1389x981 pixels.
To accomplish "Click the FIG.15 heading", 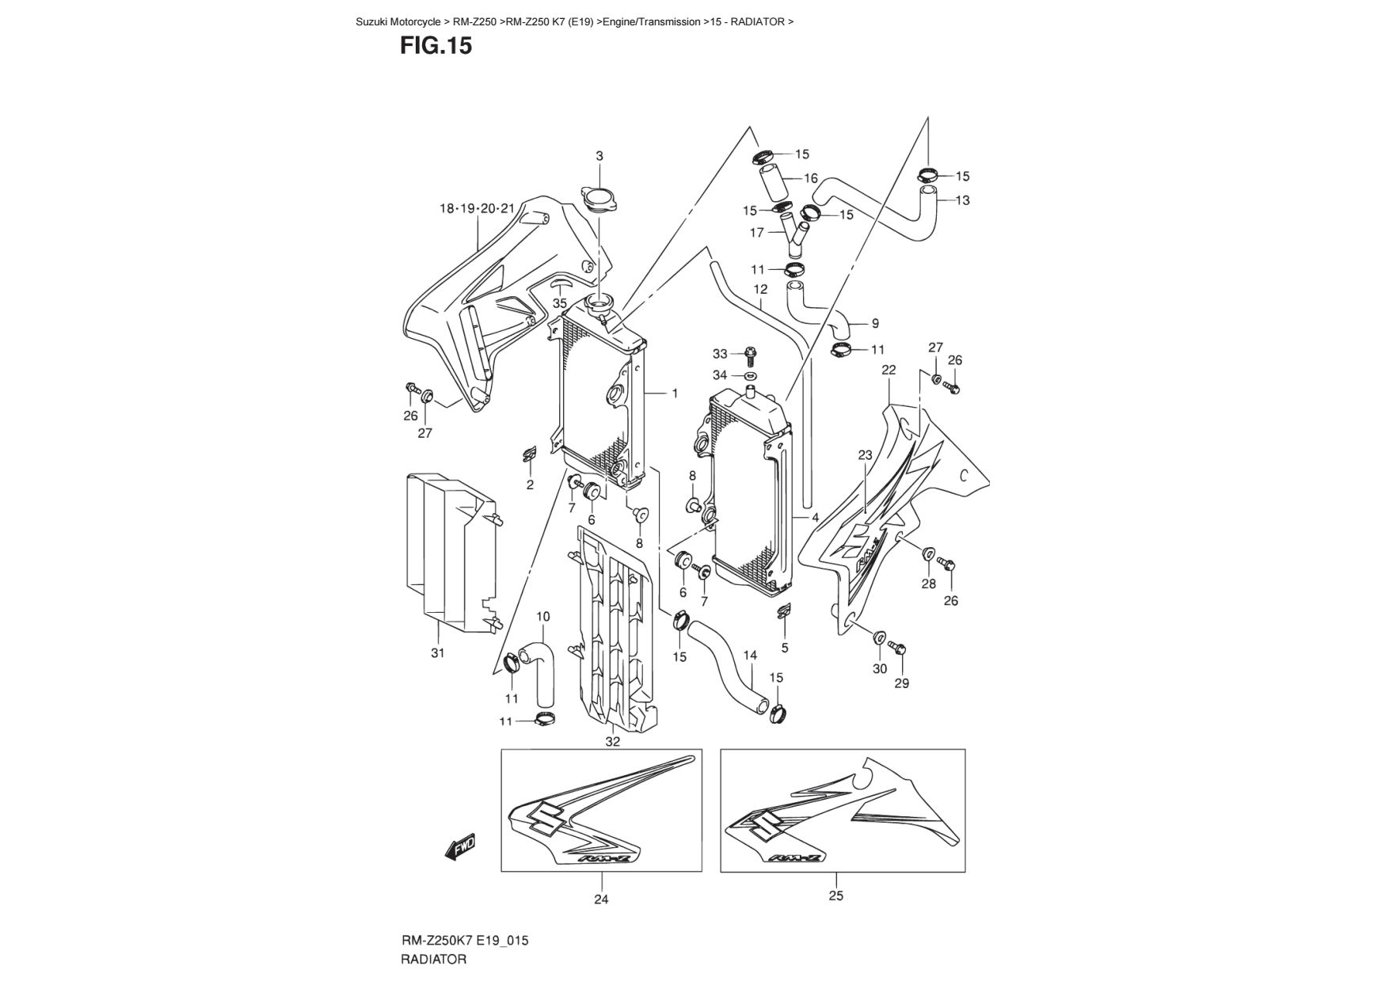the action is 436,46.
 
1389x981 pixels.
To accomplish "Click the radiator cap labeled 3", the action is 599,198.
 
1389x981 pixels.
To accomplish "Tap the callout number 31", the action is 437,653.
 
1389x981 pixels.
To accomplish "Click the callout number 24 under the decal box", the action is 601,899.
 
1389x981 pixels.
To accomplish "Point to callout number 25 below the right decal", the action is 836,895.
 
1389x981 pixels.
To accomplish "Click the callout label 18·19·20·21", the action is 478,209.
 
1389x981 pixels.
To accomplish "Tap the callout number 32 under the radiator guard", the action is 612,742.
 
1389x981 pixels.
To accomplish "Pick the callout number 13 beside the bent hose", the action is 962,200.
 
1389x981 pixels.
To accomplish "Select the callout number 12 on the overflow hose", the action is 760,289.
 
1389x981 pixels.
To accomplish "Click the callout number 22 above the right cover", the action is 889,370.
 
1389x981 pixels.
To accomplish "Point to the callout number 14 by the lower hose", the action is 750,655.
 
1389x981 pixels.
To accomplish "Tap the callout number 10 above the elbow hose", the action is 542,617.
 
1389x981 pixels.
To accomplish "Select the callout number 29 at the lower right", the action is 901,683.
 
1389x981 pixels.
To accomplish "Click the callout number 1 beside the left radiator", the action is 675,393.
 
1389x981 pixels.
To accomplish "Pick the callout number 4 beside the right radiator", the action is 815,517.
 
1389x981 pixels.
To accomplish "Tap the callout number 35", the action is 560,303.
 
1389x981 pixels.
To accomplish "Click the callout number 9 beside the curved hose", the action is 875,323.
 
